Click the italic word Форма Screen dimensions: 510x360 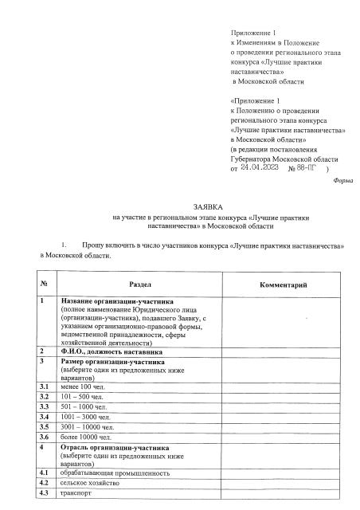tap(338, 181)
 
